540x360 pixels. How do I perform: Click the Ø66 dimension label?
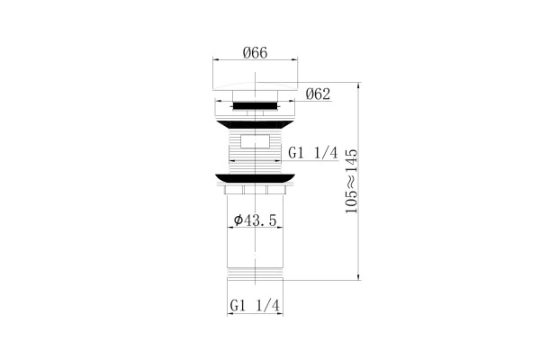tap(255, 53)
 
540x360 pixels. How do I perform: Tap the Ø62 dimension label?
tap(318, 94)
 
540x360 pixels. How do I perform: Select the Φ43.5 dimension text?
tap(256, 220)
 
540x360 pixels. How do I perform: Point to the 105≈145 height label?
tap(352, 181)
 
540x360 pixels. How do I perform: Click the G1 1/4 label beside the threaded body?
tap(313, 153)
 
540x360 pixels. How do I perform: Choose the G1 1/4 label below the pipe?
tap(255, 306)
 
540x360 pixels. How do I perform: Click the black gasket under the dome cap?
tap(256, 105)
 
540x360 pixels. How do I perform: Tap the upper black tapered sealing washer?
tap(256, 125)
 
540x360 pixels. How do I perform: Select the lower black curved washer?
tap(256, 178)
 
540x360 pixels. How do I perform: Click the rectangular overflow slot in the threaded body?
tap(255, 141)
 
